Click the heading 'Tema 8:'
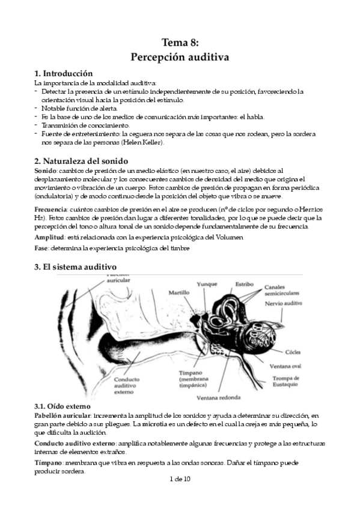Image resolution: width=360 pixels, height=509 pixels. [180, 42]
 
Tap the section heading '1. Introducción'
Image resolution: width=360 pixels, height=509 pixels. [63, 73]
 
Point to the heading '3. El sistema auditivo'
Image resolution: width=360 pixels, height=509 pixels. [76, 266]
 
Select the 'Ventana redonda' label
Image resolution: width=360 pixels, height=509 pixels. [218, 398]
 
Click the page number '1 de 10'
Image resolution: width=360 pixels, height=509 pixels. [180, 479]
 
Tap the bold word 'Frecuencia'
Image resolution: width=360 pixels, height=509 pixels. [50, 209]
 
